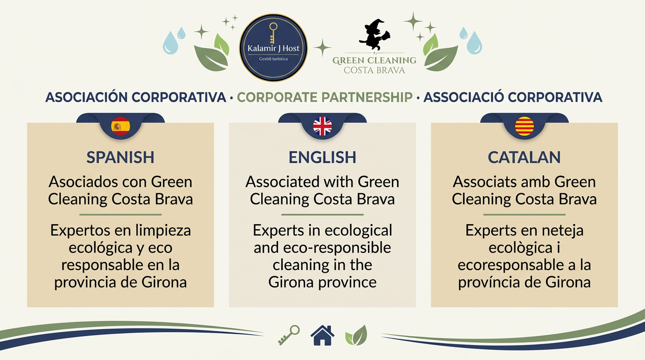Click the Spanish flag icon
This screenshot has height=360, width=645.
click(120, 126)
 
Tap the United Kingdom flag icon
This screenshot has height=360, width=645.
click(322, 126)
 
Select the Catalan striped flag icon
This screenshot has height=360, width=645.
click(525, 126)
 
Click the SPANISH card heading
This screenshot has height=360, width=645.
click(120, 157)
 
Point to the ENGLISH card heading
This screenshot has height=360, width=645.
click(322, 157)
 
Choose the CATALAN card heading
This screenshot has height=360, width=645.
click(525, 157)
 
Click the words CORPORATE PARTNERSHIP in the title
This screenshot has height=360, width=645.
click(325, 97)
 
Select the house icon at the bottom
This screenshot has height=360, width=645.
click(322, 335)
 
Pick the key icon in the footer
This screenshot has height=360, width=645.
click(289, 335)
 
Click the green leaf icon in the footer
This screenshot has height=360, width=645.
click(356, 336)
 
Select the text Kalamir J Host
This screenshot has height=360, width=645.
click(273, 49)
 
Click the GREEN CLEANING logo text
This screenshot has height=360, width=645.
click(374, 60)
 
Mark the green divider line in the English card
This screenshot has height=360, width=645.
click(322, 215)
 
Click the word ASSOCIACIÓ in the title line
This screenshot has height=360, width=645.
click(464, 97)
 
